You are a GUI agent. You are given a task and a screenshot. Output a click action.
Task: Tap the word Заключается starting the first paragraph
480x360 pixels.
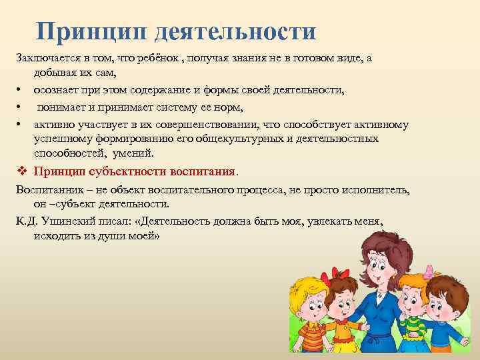[45, 58]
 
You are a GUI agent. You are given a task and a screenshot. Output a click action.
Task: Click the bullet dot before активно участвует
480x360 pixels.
[20, 125]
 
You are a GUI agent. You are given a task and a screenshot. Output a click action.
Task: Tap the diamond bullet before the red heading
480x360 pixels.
[22, 171]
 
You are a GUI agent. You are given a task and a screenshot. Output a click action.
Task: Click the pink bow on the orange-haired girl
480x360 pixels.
[427, 270]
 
